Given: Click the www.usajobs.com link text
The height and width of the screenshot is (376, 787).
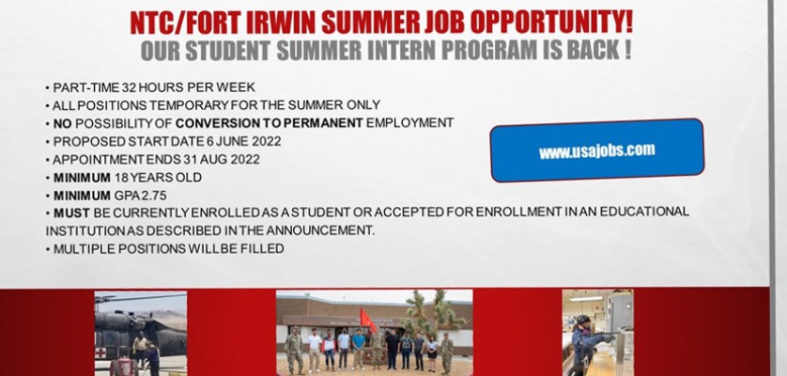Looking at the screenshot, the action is [596, 150].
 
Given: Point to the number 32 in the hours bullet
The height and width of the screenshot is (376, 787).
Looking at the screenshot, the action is [129, 87].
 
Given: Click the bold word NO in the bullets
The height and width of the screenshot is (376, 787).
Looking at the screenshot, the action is [63, 123].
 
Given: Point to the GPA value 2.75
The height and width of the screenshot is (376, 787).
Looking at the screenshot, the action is [154, 196].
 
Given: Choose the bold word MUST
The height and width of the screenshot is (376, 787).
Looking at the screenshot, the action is [71, 213].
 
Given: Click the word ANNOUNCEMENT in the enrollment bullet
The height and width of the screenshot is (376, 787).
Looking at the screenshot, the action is [320, 230].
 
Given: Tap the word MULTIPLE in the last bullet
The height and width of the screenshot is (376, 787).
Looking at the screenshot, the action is [80, 249].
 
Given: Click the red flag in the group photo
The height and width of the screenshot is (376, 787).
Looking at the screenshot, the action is [368, 321].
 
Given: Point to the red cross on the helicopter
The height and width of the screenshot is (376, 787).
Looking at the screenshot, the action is [100, 352].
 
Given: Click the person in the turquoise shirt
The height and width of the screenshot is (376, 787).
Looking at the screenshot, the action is [359, 348].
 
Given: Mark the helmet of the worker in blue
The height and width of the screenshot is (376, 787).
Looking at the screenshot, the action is [582, 320].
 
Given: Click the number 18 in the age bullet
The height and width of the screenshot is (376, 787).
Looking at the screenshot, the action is [121, 178].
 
